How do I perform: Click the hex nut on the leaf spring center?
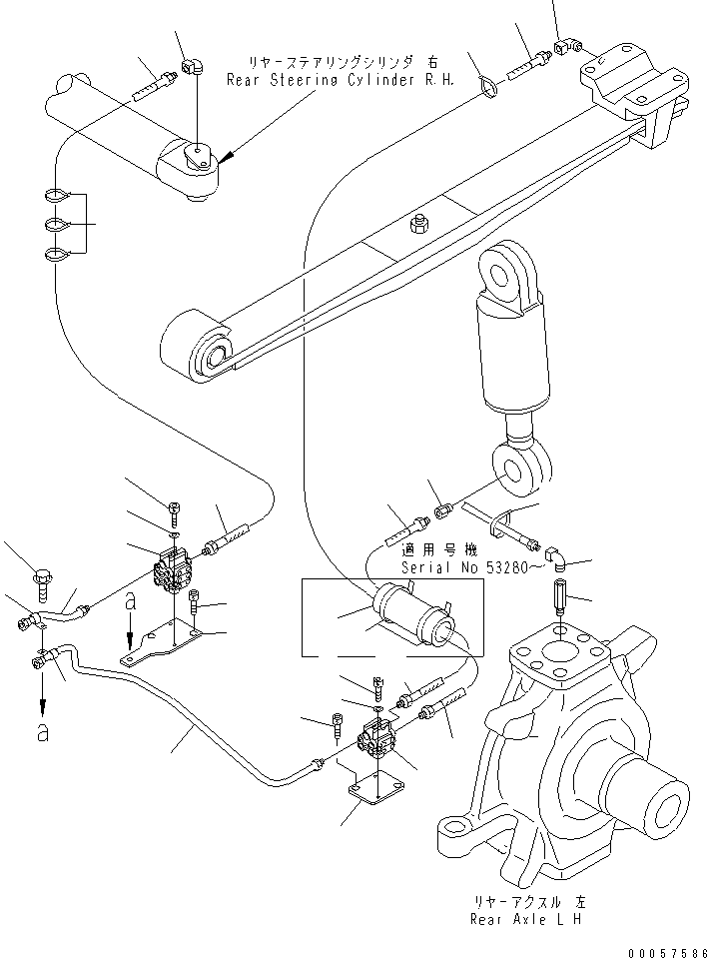[x=420, y=226]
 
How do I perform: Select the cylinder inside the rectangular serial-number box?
[x=409, y=614]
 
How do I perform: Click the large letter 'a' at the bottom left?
[x=42, y=732]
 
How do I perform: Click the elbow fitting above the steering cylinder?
[x=191, y=69]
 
